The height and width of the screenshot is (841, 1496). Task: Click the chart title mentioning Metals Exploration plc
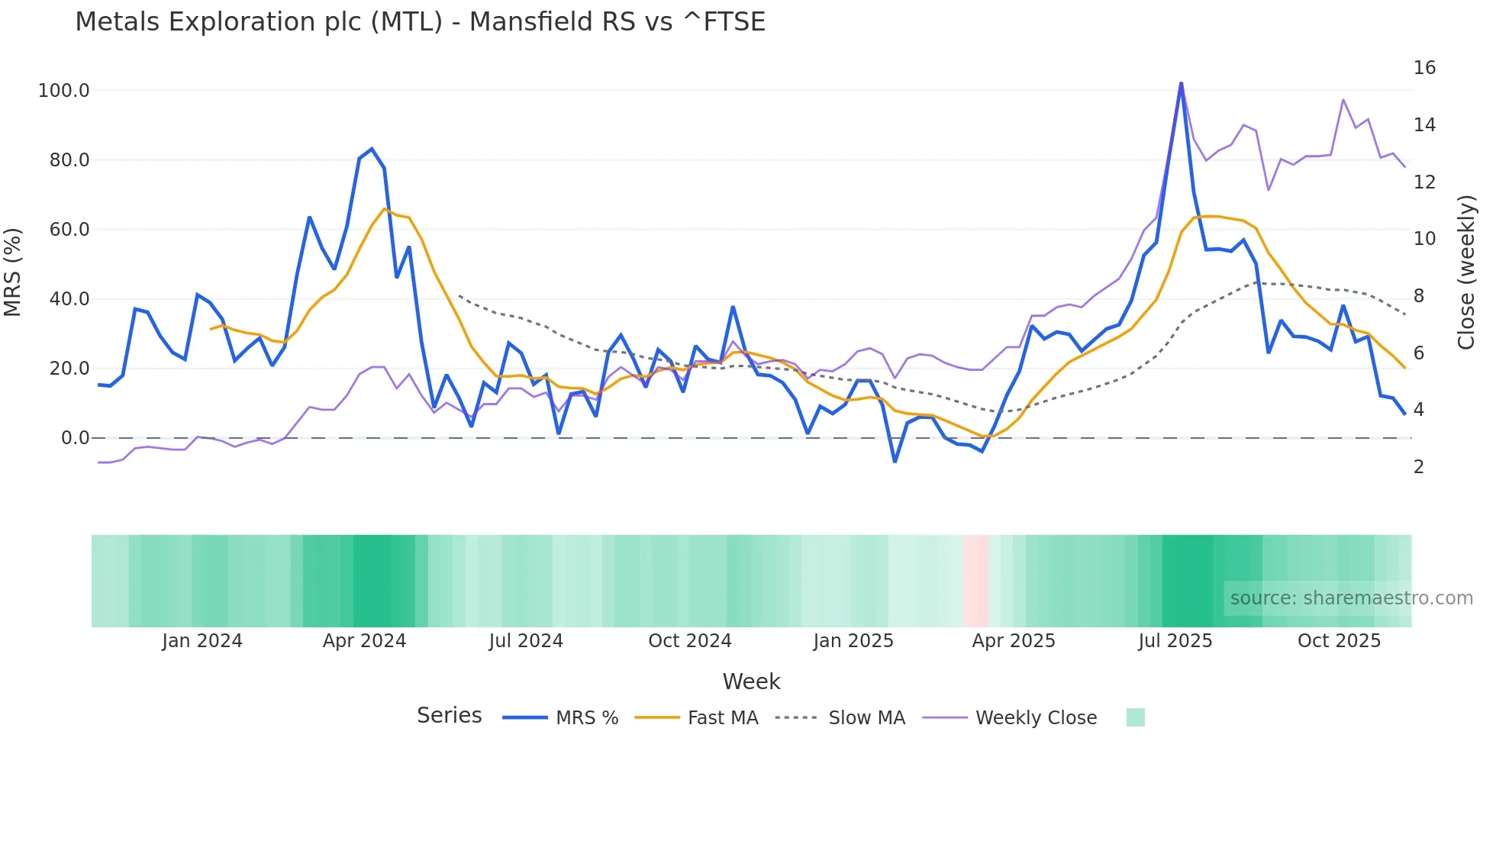(x=420, y=22)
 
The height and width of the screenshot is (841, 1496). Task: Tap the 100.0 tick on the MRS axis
(x=64, y=91)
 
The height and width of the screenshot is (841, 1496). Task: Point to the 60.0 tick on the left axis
(x=69, y=230)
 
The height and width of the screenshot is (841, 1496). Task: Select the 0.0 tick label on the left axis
(x=75, y=438)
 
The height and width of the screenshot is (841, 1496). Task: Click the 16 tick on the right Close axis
(x=1424, y=68)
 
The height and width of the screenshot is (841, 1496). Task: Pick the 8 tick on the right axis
(x=1419, y=296)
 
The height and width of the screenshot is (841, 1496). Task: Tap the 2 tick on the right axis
(x=1419, y=467)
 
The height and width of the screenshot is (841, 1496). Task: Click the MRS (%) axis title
(x=13, y=272)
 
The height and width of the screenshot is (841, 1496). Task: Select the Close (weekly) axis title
(x=1466, y=272)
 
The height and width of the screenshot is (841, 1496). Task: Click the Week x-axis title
(x=751, y=681)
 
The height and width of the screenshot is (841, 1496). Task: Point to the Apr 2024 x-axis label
(x=364, y=641)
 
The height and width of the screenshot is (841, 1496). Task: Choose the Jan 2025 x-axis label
(x=853, y=641)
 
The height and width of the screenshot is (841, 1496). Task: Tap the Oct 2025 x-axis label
(x=1339, y=641)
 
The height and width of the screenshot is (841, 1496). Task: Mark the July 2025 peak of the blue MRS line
(x=1181, y=83)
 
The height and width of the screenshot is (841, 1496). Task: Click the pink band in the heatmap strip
(x=975, y=581)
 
